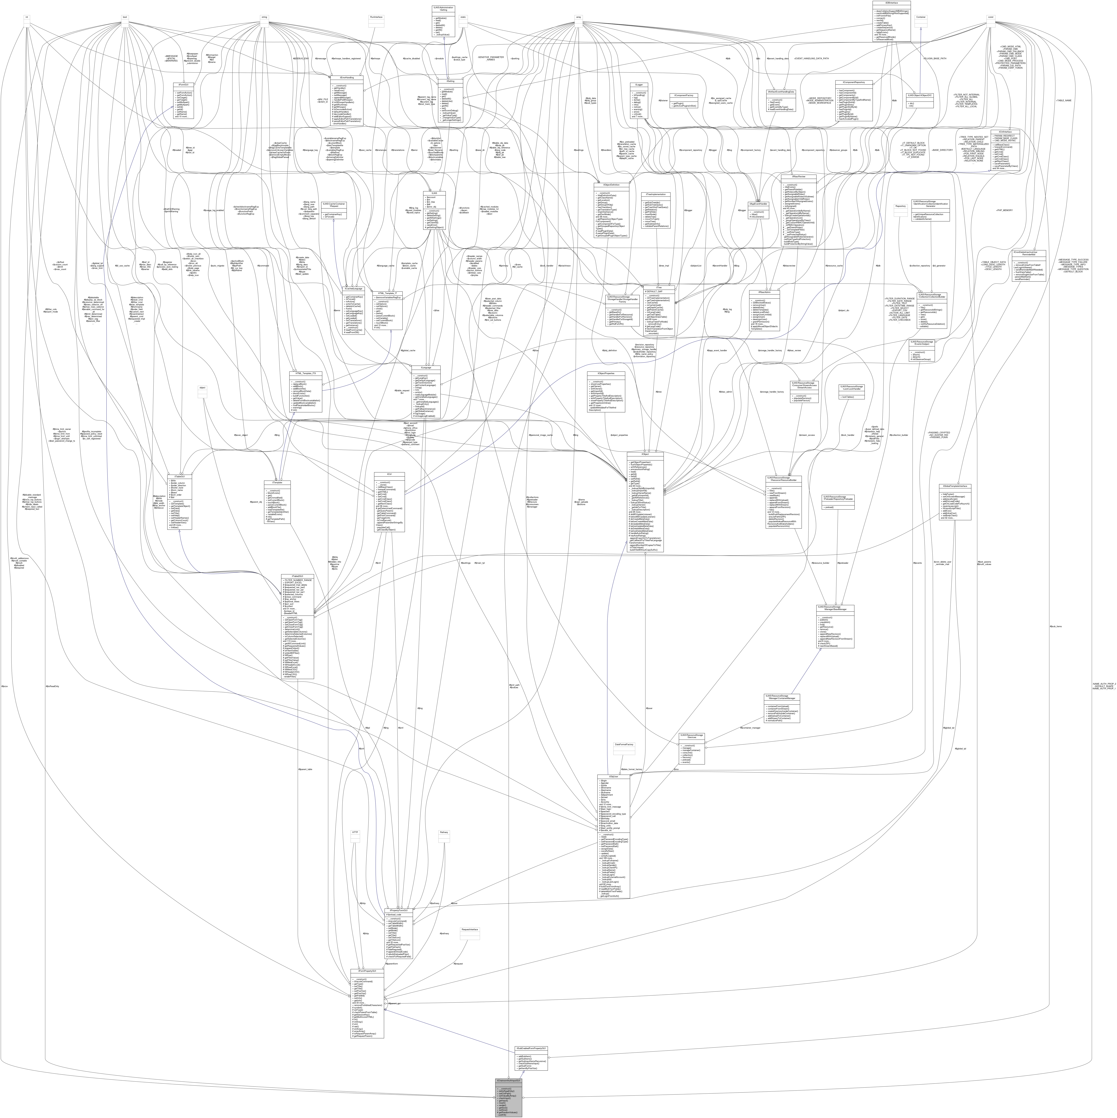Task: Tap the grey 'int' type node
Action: pos(26,17)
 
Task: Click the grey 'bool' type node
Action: pos(124,17)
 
